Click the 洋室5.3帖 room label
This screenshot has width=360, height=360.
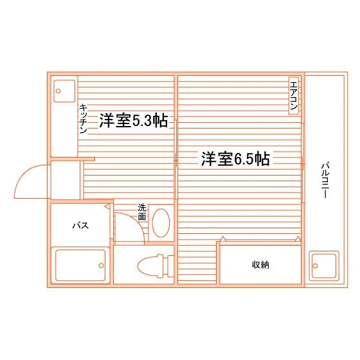pos(134,120)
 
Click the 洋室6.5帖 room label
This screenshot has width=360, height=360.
pos(235,159)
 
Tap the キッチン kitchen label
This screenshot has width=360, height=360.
pos(83,119)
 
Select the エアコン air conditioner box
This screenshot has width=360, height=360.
pos(294,96)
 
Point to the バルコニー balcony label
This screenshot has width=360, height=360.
pos(325,180)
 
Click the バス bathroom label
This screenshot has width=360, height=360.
pos(80,226)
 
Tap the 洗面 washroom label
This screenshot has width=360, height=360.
pos(142,212)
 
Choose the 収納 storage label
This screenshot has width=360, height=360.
pos(260,265)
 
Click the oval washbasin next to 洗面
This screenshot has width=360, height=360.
pos(161,223)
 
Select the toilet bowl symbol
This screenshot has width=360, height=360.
pos(150,266)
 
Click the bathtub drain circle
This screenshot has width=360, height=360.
pos(102,265)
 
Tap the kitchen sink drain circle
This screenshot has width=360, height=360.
pos(58,91)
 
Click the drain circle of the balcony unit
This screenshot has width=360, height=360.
pos(315,266)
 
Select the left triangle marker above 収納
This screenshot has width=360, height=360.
pos(222,239)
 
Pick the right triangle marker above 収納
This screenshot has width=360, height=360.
pos(298,239)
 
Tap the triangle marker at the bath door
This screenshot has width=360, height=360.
pos(107,206)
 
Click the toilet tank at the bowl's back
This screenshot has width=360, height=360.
pos(170,266)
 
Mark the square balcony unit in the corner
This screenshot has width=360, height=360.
pos(324,266)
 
